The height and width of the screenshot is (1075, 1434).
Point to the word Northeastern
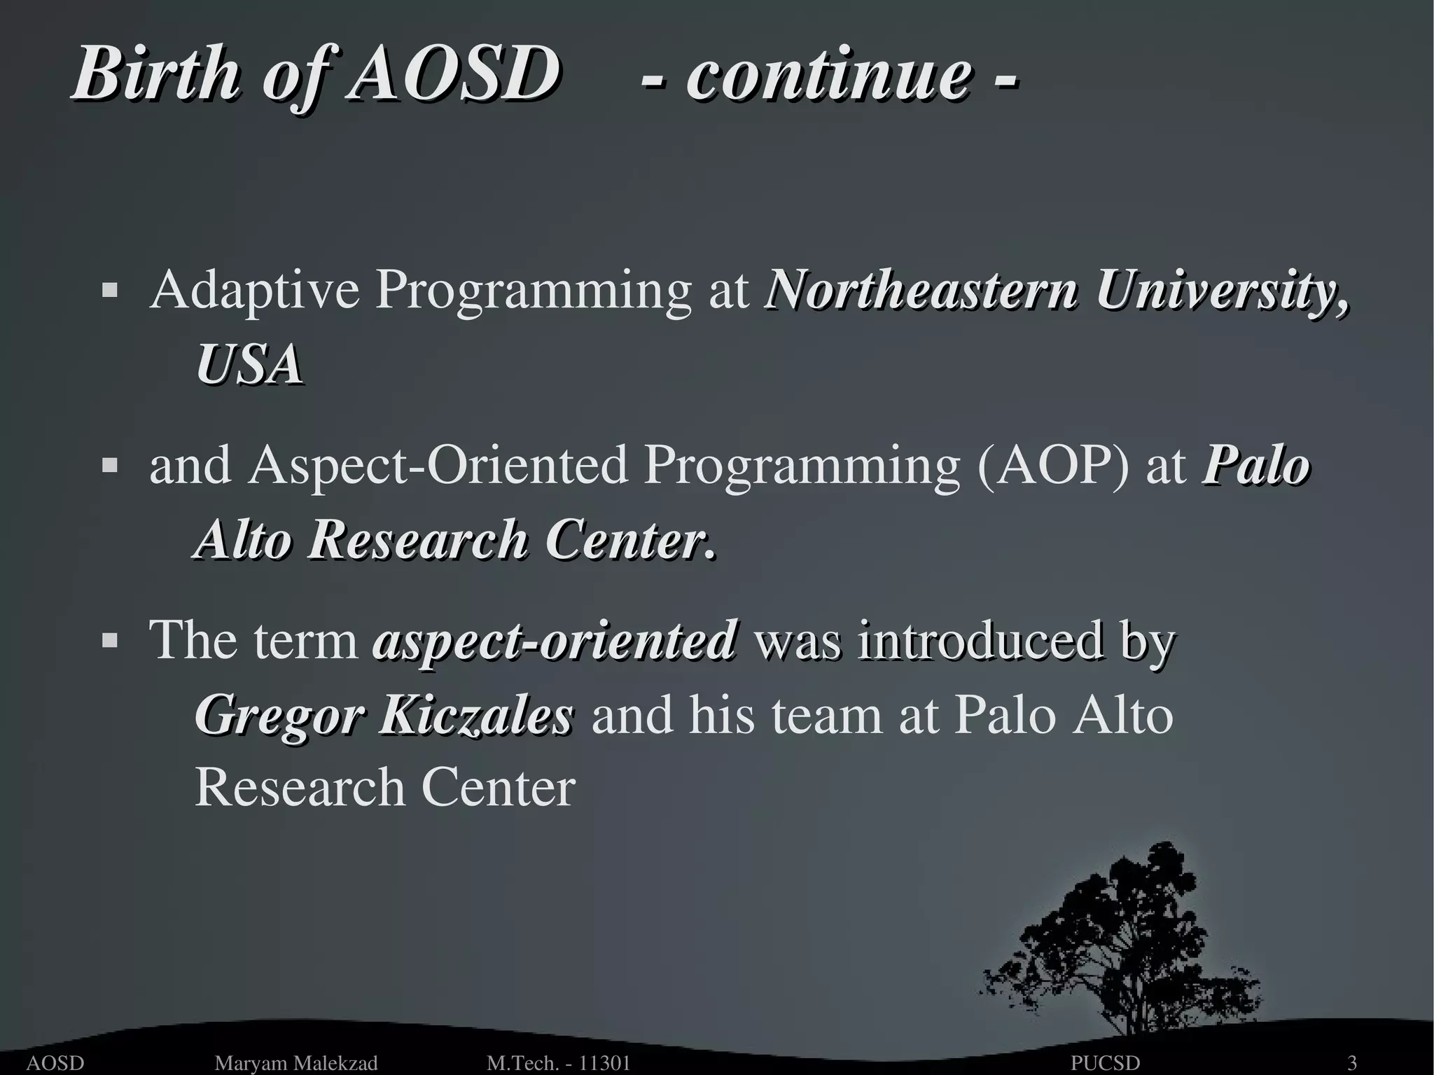[x=921, y=290]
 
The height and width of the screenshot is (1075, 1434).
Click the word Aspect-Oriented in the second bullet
[x=438, y=466]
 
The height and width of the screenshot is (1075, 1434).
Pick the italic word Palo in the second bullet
[x=1255, y=464]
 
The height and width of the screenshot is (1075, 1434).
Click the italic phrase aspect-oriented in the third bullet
[x=555, y=639]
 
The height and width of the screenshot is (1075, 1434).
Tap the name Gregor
[x=279, y=716]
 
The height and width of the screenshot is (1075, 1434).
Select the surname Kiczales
[x=475, y=715]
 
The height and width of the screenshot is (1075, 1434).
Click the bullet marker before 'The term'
[x=109, y=639]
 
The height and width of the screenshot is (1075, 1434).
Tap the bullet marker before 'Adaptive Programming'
[x=109, y=290]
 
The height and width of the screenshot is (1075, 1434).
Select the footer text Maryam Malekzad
[x=295, y=1063]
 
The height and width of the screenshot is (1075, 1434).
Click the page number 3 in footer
[x=1353, y=1063]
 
